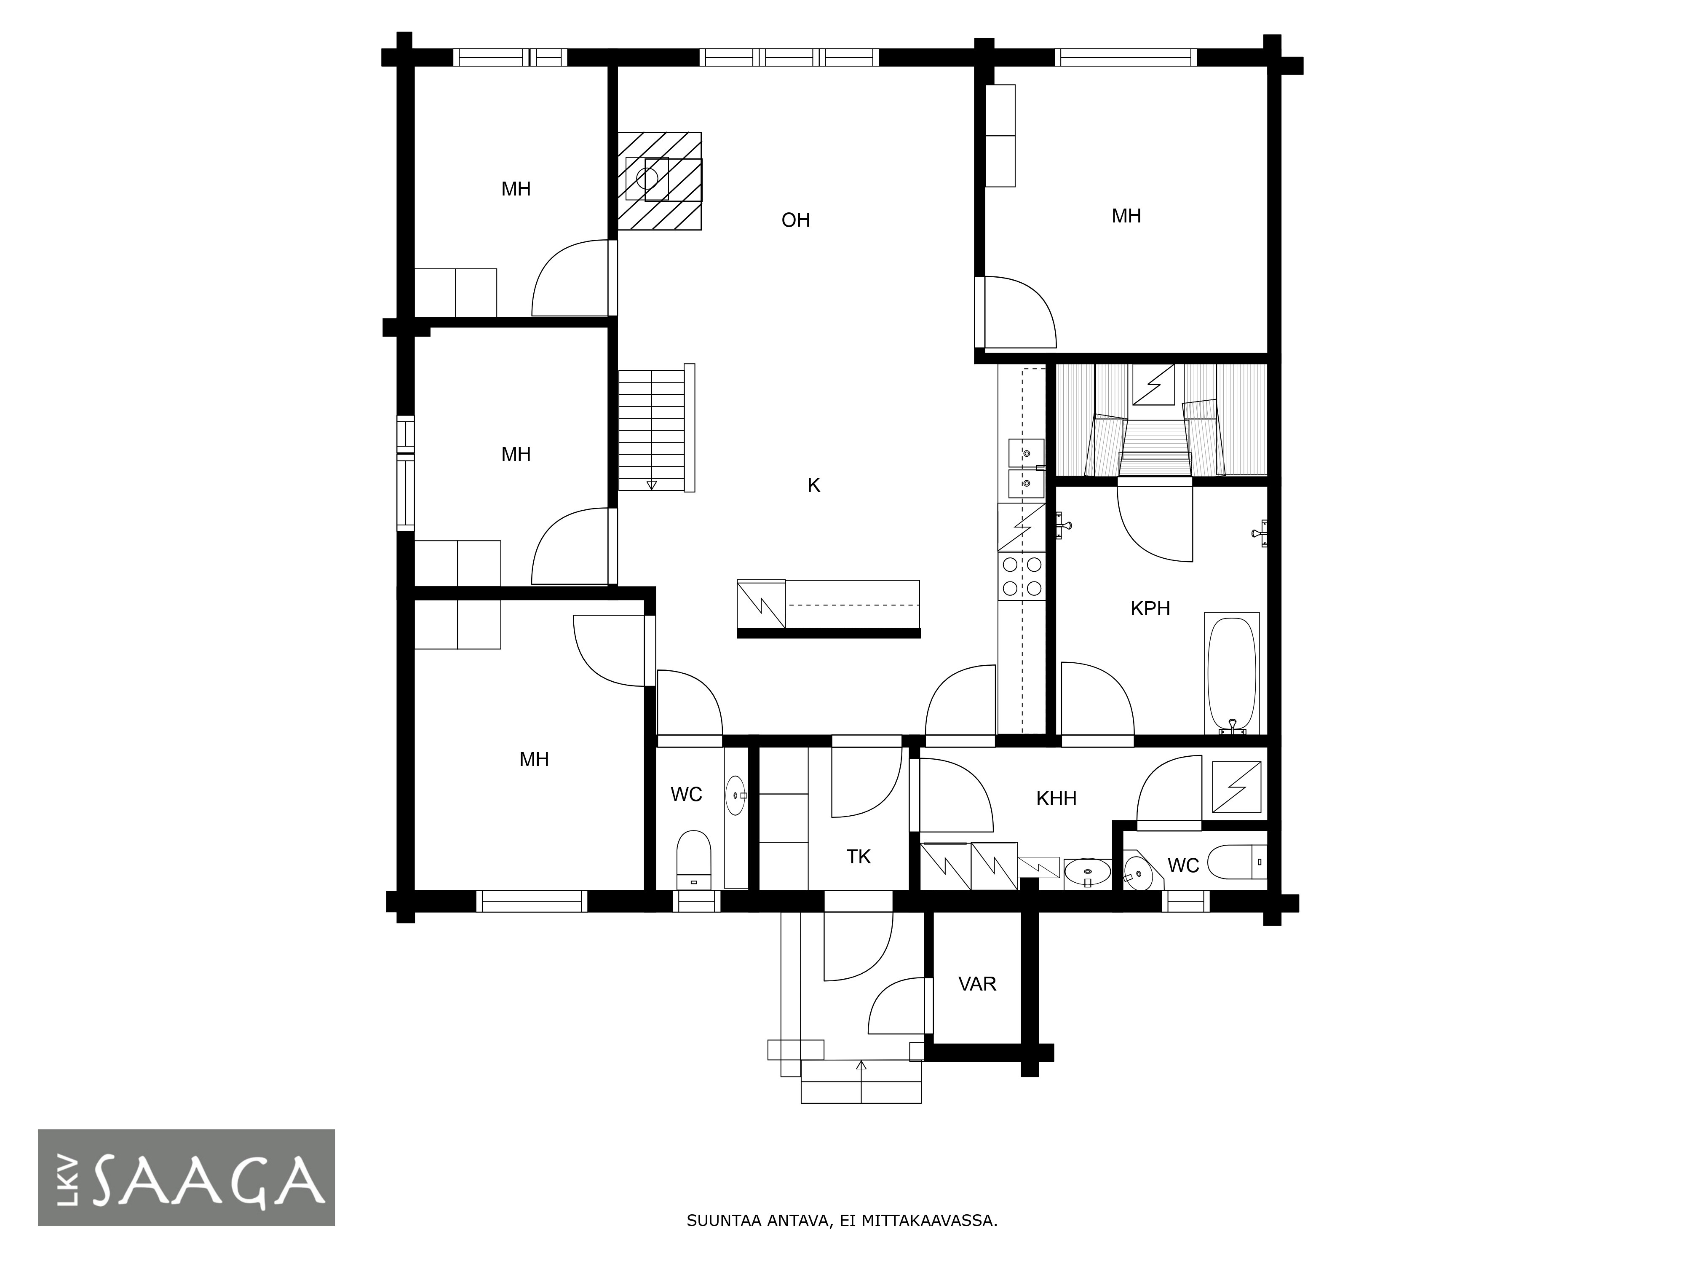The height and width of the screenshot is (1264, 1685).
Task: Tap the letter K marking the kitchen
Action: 813,485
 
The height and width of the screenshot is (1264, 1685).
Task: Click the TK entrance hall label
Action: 859,857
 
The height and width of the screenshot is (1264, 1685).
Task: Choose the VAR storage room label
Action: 977,984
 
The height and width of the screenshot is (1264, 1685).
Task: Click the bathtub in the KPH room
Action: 1232,674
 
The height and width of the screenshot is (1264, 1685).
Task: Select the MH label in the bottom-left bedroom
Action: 534,760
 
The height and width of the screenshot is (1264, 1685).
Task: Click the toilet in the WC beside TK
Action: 694,860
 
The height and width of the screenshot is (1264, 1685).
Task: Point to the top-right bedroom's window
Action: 1125,58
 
